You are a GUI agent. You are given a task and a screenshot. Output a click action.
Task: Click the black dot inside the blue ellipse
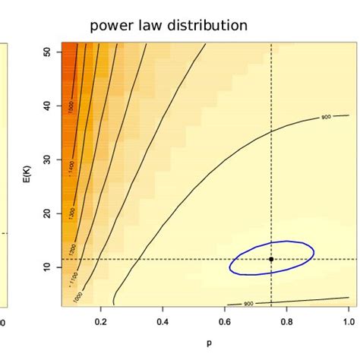271,259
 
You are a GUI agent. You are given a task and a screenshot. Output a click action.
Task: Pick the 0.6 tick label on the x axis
225,322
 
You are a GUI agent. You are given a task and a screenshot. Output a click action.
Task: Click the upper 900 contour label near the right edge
326,118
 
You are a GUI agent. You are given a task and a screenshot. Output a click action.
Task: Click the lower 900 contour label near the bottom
248,304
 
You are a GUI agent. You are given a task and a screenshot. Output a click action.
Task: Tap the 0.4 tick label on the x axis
163,322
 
